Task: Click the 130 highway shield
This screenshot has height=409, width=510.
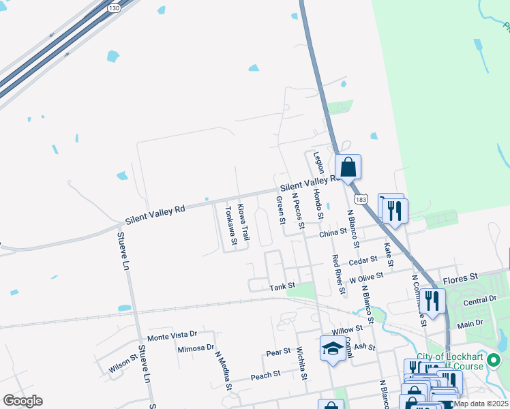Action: click(114, 7)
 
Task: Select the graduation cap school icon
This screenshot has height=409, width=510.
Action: click(332, 348)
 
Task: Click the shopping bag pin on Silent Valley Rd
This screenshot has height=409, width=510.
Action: click(348, 167)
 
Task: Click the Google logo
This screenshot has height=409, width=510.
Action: click(22, 401)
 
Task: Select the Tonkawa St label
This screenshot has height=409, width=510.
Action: click(231, 226)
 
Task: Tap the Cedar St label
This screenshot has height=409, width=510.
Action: click(363, 260)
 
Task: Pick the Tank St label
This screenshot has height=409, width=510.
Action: click(282, 286)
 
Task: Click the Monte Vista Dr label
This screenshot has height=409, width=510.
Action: click(172, 335)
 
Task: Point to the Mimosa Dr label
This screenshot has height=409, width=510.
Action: click(195, 348)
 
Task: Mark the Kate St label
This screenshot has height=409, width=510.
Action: click(388, 255)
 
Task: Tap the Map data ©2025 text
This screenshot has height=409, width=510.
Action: click(481, 404)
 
